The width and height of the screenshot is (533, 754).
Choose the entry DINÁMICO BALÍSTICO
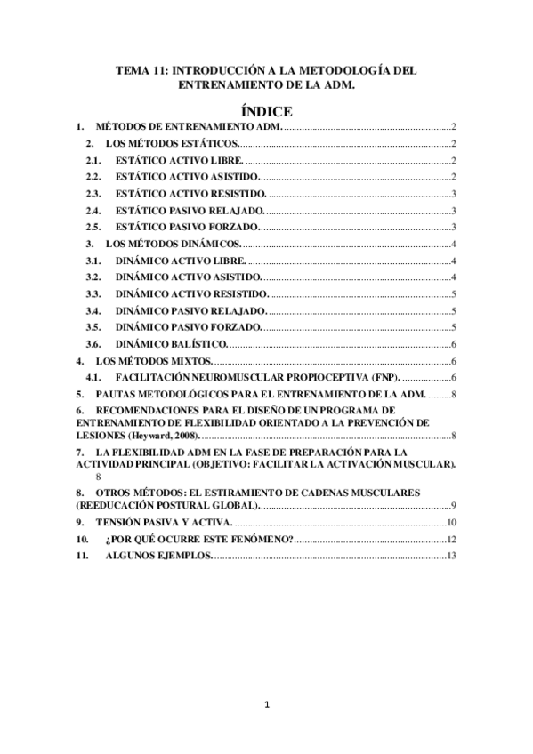coord(172,343)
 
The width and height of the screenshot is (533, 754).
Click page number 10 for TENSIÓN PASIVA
coord(451,522)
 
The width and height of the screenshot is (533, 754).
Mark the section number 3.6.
coord(92,343)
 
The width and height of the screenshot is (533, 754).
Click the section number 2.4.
coord(92,210)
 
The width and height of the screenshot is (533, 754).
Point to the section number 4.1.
coord(92,377)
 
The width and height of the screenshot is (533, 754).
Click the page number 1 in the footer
coord(266,706)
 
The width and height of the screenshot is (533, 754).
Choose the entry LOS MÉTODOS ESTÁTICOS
coord(172,143)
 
